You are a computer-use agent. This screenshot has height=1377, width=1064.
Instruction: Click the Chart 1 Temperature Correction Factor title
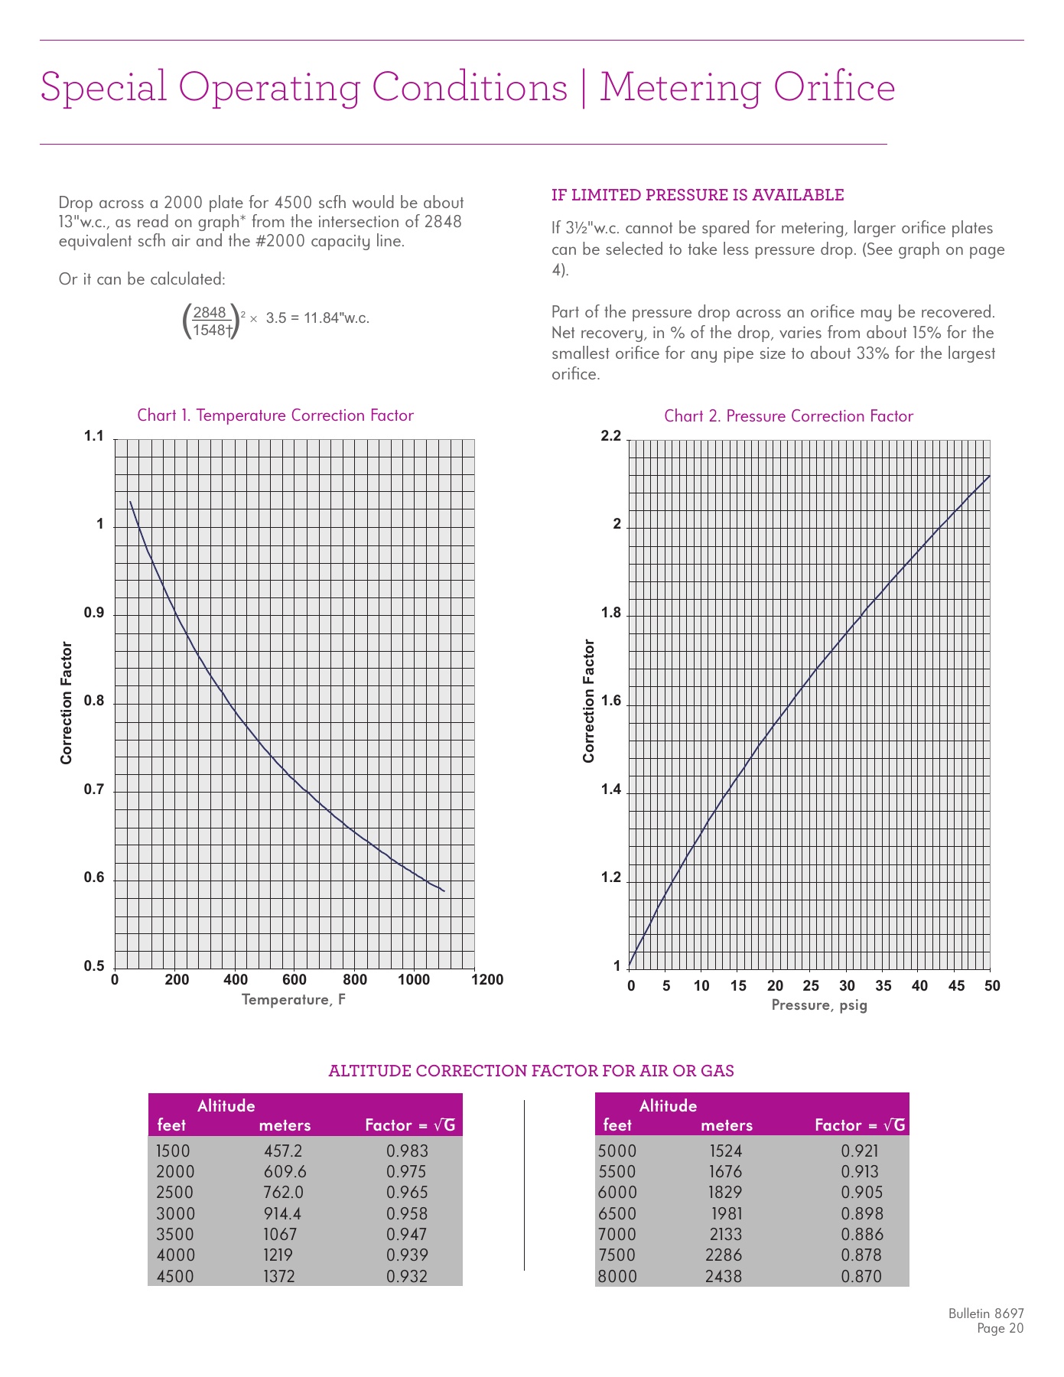point(275,415)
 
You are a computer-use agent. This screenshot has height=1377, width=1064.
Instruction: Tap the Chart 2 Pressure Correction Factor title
point(789,416)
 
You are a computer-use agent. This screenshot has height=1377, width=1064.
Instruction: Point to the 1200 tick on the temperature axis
point(488,980)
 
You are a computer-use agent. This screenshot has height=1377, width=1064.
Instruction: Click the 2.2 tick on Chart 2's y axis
point(611,436)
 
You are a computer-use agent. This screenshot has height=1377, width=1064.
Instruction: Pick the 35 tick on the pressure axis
point(883,986)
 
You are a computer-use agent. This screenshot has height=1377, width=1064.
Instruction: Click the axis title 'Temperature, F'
point(294,1000)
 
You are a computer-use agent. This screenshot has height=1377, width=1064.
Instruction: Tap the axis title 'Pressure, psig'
point(819,1005)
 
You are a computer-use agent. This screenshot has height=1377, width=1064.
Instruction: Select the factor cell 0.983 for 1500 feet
point(407,1151)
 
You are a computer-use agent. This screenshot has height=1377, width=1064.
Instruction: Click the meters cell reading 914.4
point(282,1214)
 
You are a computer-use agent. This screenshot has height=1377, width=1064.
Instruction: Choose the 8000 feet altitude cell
point(617,1277)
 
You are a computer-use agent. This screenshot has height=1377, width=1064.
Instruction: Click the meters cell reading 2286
point(724,1255)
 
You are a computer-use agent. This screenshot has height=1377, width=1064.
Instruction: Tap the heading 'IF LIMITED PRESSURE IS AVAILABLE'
point(698,195)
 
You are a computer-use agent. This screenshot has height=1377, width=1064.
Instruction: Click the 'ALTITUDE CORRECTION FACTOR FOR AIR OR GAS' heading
point(531,1071)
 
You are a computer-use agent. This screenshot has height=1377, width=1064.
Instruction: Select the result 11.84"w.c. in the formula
point(337,318)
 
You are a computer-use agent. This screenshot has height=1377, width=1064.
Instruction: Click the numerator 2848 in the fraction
point(210,312)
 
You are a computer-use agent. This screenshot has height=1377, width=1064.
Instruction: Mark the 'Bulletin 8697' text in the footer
point(986,1314)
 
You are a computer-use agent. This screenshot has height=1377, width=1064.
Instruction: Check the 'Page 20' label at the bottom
point(1000,1329)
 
